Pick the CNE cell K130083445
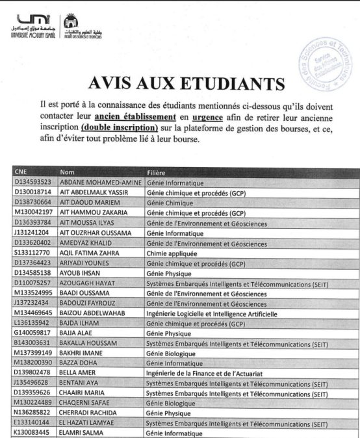click(x=32, y=433)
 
